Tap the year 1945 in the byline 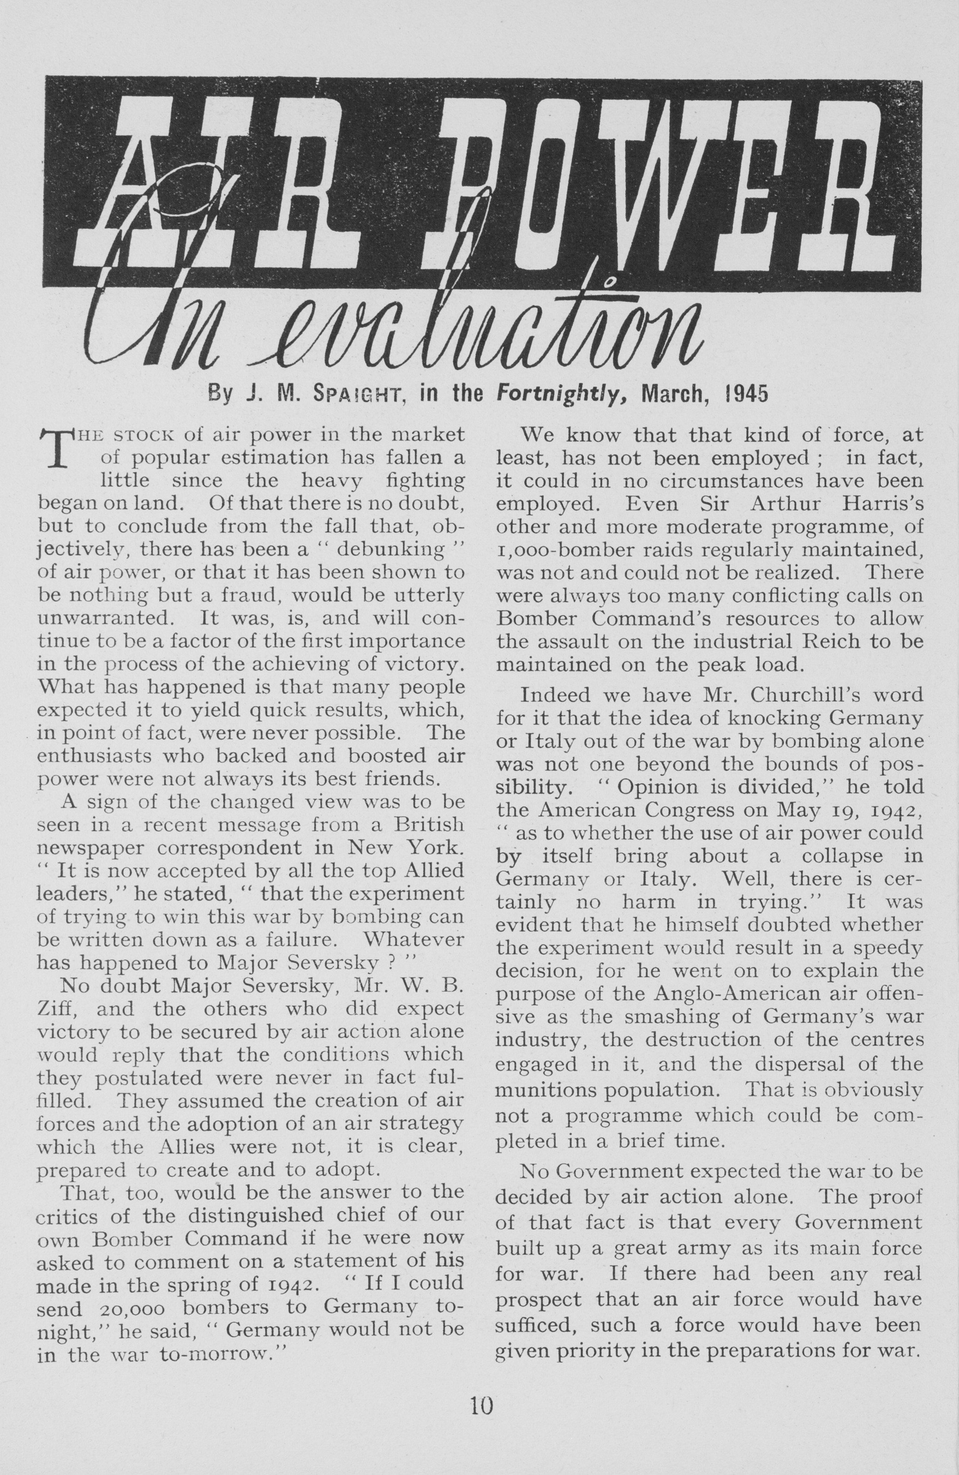(746, 394)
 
